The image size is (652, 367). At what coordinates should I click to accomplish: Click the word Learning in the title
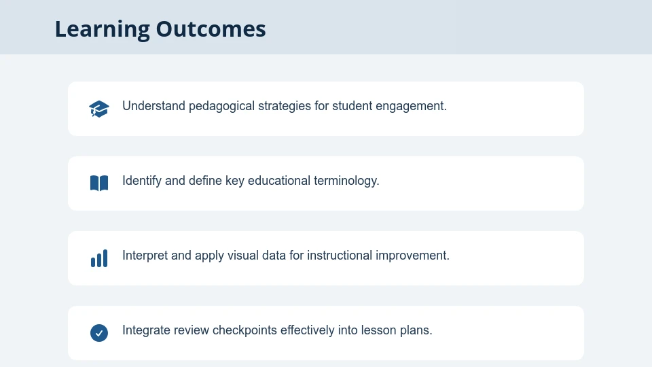tap(102, 29)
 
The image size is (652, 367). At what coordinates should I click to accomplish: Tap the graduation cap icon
tap(99, 109)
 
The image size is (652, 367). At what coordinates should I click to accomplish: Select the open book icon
tap(99, 183)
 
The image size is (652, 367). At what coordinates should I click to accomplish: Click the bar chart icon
tap(99, 258)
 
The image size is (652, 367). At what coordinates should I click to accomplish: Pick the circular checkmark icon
tap(99, 333)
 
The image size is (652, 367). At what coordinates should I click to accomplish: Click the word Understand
tap(153, 106)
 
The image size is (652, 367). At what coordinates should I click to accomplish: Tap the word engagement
tap(412, 106)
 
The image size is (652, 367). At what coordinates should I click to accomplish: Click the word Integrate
tap(146, 330)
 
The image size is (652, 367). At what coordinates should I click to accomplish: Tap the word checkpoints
tap(244, 330)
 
